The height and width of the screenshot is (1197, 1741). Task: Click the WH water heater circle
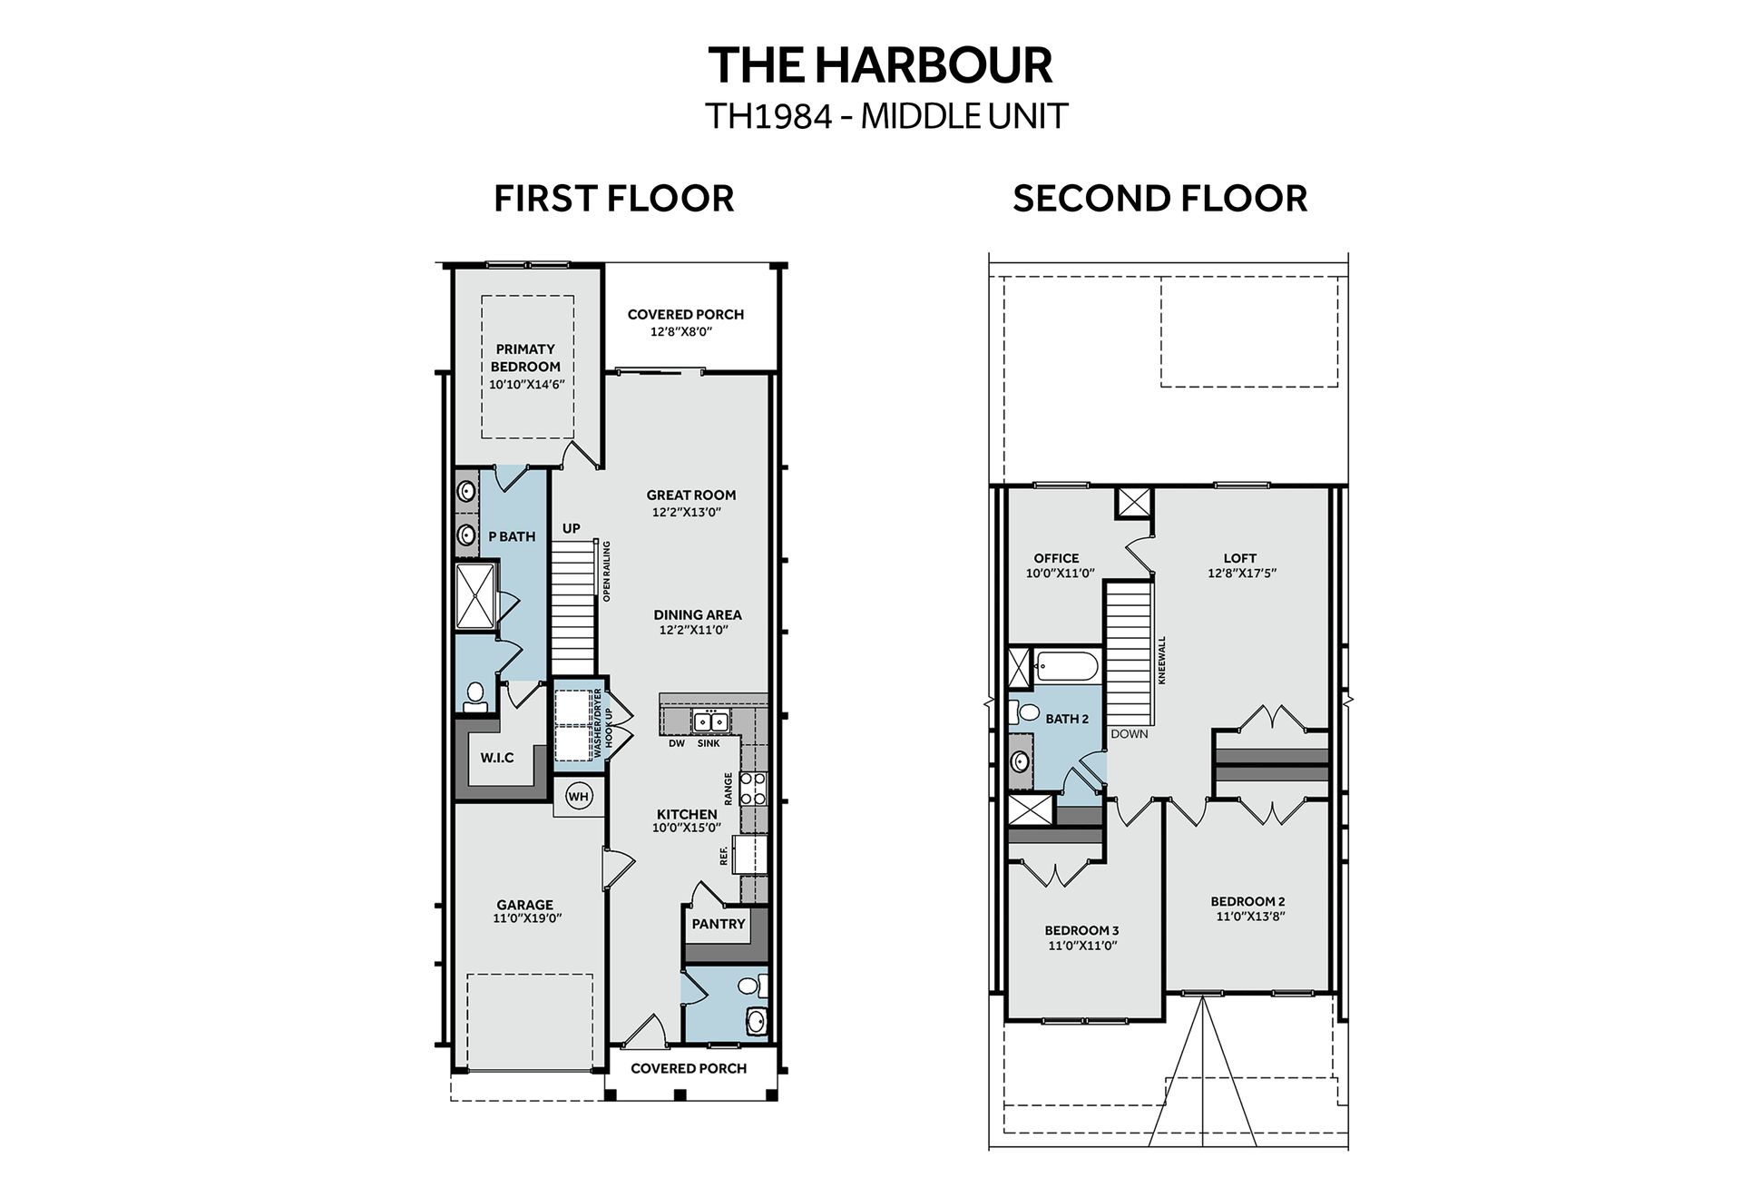578,797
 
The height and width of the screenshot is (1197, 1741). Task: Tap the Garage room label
524,905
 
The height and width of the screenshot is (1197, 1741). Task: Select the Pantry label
719,924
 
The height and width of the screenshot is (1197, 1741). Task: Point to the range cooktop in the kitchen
753,789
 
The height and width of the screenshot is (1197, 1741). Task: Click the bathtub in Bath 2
1067,668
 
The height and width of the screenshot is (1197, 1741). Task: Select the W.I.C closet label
497,758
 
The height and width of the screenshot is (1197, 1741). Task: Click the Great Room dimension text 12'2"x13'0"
686,512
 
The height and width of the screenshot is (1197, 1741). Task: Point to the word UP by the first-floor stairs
572,529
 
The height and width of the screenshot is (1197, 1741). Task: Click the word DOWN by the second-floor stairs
1129,733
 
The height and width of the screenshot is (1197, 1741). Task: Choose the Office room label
1057,558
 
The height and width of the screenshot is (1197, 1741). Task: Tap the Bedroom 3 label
1081,930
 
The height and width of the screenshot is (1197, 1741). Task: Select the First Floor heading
614,199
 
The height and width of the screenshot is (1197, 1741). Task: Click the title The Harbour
880,65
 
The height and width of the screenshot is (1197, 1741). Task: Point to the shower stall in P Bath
476,595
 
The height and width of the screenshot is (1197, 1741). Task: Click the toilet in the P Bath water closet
474,696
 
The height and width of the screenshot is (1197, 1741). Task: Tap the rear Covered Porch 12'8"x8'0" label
686,322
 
